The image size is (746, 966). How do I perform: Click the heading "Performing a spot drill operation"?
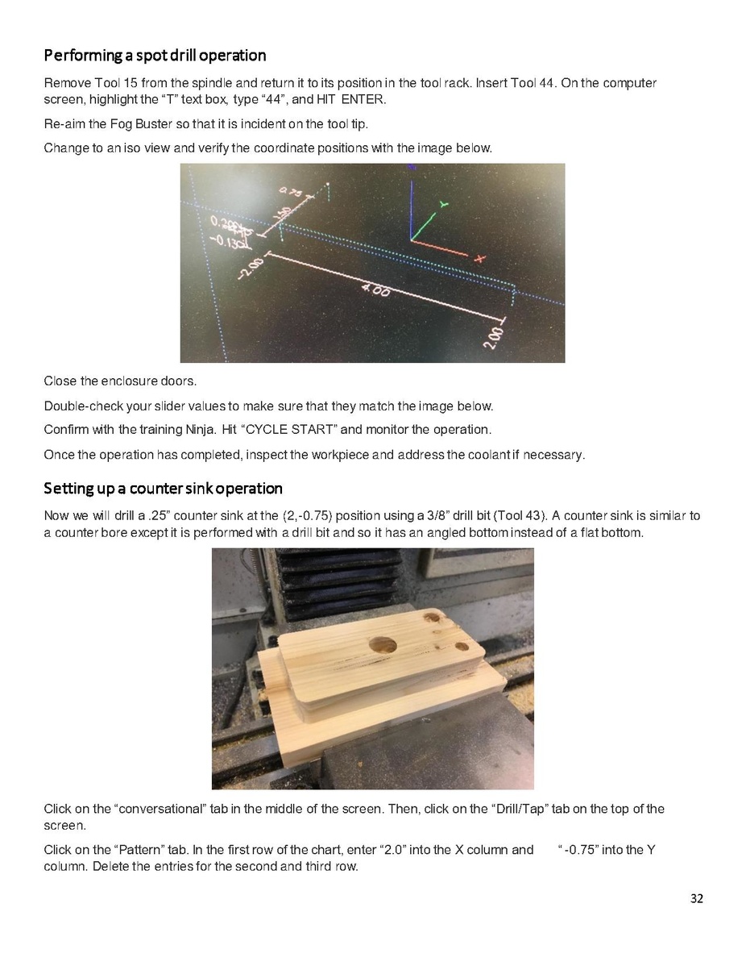[155, 56]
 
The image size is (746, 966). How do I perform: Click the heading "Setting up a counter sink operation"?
[163, 489]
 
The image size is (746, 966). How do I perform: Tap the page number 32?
[696, 898]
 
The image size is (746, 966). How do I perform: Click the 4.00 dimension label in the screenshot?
[375, 289]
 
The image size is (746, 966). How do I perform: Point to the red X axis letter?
[479, 259]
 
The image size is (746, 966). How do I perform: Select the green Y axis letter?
[443, 204]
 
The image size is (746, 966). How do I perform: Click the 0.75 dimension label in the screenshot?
[291, 192]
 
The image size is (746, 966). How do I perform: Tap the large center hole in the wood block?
[382, 646]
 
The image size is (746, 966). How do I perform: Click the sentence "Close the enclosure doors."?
[120, 381]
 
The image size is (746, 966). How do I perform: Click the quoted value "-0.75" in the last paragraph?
[578, 850]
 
